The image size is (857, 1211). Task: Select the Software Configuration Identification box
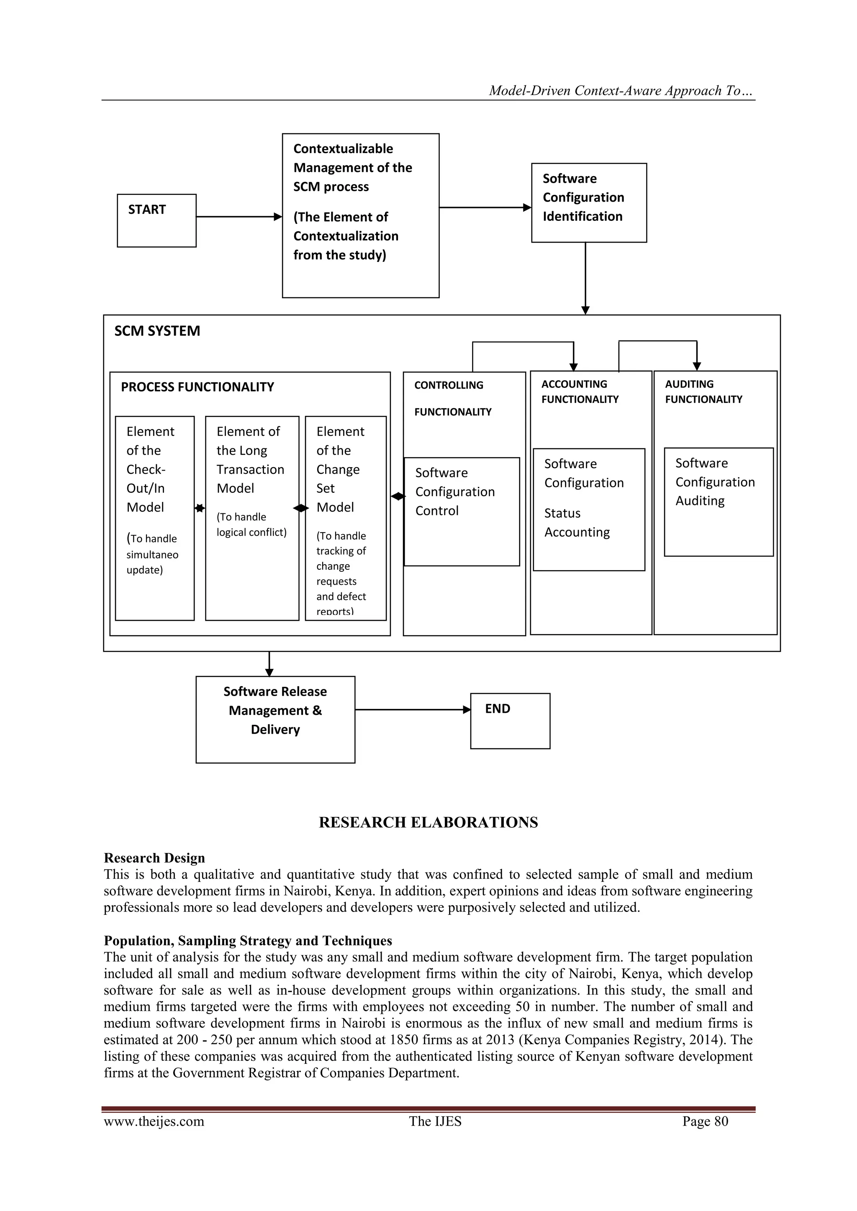[x=588, y=202]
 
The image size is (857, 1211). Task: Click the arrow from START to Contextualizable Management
[x=239, y=216]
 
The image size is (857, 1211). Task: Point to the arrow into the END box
[x=413, y=709]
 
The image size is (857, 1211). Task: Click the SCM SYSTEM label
[x=157, y=331]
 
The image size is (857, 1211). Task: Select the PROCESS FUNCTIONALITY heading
[x=198, y=387]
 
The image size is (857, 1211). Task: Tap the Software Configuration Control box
[x=462, y=511]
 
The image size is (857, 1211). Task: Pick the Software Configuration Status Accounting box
[x=588, y=509]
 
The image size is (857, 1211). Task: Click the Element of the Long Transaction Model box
[x=252, y=517]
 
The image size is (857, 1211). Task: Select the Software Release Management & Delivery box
[x=275, y=719]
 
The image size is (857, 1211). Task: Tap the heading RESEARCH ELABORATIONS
[x=428, y=822]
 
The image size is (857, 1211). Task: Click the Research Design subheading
[x=154, y=858]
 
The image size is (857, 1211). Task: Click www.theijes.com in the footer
[x=154, y=1121]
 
